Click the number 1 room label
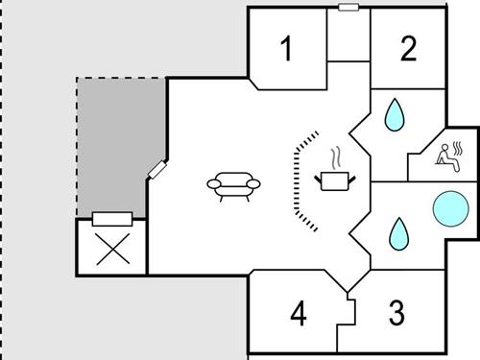click(x=285, y=49)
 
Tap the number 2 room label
click(x=409, y=49)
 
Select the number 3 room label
click(x=396, y=313)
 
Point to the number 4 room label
click(x=299, y=314)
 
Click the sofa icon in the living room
click(x=234, y=185)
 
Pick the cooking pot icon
click(x=333, y=180)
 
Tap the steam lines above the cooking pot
click(x=334, y=156)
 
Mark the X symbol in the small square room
click(x=111, y=250)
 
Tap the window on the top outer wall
click(x=348, y=7)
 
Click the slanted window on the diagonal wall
click(x=157, y=170)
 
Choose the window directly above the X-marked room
click(x=111, y=218)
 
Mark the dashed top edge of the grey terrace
click(x=120, y=78)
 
